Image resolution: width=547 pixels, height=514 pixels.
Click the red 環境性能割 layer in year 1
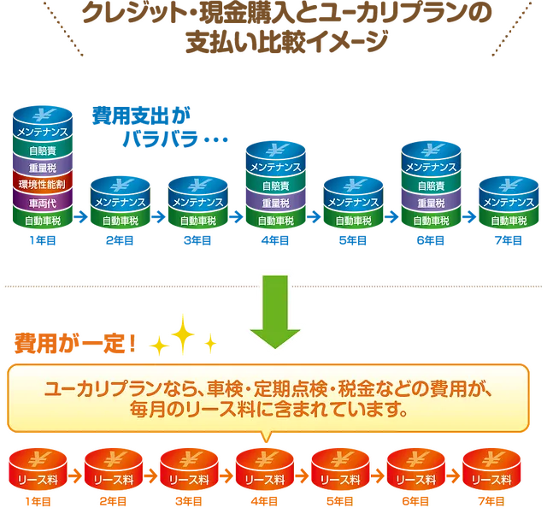43,184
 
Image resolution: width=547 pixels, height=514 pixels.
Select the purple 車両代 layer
43,203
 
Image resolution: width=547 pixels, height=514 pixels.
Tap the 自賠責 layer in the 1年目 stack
43,151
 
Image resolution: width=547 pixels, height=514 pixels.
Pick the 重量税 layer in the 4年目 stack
275,203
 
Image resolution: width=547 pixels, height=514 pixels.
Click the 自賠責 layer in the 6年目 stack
431,186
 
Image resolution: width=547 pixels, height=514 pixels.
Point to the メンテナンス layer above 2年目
121,202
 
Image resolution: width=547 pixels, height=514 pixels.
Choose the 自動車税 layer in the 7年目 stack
509,221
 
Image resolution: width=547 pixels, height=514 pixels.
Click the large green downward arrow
275,312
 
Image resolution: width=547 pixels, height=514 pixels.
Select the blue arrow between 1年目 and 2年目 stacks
81,217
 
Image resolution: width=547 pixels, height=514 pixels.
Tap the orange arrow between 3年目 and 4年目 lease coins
226,476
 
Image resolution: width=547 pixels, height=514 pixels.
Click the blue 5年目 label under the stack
353,240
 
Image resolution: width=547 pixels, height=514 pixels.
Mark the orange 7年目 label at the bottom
491,501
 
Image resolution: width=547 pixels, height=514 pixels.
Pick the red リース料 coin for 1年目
38,470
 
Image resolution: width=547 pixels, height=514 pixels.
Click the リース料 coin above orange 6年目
416,470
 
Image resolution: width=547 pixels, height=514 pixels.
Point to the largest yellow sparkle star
182,334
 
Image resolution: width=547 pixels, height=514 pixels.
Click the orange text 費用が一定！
75,344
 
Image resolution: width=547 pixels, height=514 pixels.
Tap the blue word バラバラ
160,139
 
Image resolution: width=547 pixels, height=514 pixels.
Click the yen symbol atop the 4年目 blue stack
275,151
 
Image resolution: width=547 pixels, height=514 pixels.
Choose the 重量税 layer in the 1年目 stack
43,168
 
